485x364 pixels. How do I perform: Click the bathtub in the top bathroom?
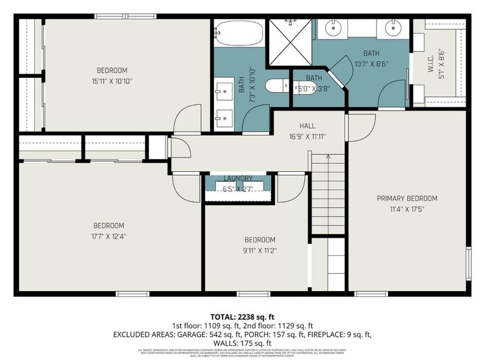point(239,33)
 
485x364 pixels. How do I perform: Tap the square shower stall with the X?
point(289,42)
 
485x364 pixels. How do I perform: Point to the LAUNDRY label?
point(238,178)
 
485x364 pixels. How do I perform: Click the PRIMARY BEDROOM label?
point(407,198)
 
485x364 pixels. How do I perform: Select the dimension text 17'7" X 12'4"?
point(110,236)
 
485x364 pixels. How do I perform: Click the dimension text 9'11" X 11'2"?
point(259,250)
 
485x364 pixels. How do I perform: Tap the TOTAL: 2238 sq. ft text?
point(242,317)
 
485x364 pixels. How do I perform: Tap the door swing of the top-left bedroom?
point(188,120)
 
